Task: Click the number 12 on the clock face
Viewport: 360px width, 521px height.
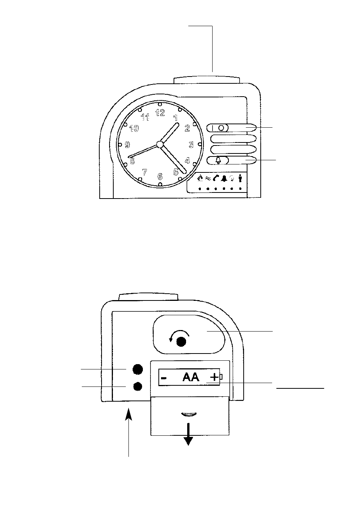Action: pos(160,113)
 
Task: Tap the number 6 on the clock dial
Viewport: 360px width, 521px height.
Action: pos(160,177)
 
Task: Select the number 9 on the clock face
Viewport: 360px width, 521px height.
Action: pos(127,145)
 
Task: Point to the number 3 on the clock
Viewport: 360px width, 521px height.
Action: pos(191,145)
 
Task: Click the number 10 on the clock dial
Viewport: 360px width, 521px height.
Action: pos(134,128)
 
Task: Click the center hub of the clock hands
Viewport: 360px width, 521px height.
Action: pos(160,144)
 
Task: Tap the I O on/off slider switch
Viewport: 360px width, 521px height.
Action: pos(218,128)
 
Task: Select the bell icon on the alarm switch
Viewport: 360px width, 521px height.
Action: pos(218,160)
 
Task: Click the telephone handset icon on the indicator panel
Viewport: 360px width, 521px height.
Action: pos(216,178)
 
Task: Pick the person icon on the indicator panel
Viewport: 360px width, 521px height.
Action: pos(240,178)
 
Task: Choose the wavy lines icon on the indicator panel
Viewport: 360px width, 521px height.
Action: pos(208,178)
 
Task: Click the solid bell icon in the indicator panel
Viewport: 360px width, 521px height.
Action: pos(224,178)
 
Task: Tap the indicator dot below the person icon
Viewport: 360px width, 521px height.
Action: pos(240,189)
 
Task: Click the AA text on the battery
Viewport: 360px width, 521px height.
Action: pos(191,377)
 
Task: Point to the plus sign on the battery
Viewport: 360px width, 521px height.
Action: pos(214,377)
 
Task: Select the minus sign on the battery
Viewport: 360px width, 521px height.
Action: pos(164,378)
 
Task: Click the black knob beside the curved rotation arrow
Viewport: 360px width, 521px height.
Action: pos(182,342)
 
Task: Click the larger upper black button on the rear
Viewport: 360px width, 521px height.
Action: pos(138,369)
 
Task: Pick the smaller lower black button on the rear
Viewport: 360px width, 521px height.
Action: pos(138,386)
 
